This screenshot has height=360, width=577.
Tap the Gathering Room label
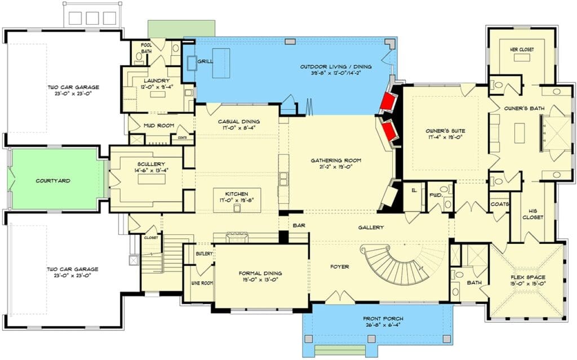point(336,161)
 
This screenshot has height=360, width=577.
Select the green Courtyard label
point(53,181)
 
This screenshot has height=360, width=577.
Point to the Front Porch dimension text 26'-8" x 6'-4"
point(383,325)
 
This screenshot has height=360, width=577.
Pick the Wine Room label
point(202,283)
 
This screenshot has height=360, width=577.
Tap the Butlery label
point(204,254)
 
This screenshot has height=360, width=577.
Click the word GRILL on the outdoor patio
point(205,61)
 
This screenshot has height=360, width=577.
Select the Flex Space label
point(528,277)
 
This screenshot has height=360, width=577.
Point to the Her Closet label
point(522,50)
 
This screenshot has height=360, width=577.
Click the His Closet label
point(532,214)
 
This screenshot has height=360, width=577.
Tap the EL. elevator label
point(414,190)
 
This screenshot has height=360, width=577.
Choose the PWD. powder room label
point(436,195)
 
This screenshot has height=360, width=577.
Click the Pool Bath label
point(147,48)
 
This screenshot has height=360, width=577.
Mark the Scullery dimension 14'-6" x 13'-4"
point(151,171)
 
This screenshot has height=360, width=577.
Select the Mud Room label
point(158,126)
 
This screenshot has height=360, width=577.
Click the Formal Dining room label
point(260,273)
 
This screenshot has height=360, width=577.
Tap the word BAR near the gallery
point(299,225)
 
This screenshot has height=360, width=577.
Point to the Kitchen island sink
point(237,208)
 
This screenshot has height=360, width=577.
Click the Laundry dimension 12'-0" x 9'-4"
point(157,87)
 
